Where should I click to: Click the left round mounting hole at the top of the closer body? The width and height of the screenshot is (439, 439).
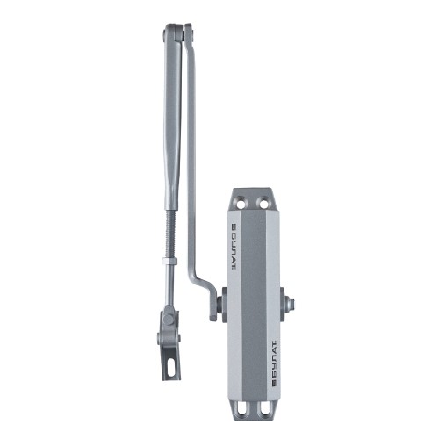[x=241, y=203]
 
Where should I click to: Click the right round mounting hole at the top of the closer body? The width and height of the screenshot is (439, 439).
[x=263, y=203]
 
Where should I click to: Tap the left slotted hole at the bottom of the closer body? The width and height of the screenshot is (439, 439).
[x=241, y=408]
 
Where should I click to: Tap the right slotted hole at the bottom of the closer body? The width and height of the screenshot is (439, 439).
[x=263, y=408]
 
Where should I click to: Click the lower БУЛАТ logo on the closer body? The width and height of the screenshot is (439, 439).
[x=275, y=363]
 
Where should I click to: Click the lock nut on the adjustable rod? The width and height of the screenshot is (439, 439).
[x=169, y=262]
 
